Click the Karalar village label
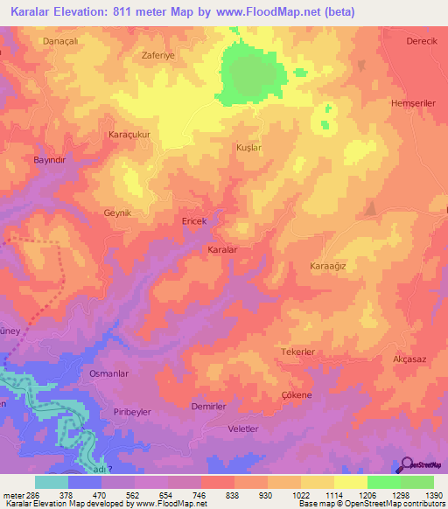click(x=222, y=249)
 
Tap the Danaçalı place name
click(x=59, y=41)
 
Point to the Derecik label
click(x=421, y=41)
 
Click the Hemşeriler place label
click(x=414, y=102)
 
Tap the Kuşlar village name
click(x=249, y=149)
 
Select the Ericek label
click(x=193, y=222)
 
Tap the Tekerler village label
click(x=297, y=352)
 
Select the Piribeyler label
click(x=133, y=411)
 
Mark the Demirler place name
click(x=209, y=408)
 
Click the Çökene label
click(x=297, y=395)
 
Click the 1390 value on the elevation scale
click(x=432, y=494)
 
